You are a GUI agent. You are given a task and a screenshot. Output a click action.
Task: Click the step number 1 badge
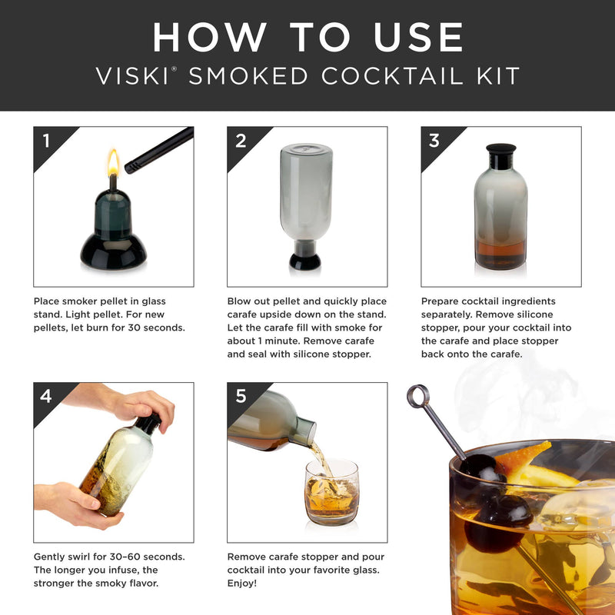click(47, 141)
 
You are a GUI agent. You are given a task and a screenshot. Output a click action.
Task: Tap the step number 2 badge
click(241, 141)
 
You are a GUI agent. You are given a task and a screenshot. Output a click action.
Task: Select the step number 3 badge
click(434, 141)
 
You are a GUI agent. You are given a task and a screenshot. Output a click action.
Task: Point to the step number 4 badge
click(47, 397)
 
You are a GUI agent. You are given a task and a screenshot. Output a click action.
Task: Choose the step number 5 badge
click(241, 397)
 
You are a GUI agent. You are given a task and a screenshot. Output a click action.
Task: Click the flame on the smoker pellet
click(113, 162)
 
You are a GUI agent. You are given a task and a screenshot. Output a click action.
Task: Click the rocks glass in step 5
click(331, 492)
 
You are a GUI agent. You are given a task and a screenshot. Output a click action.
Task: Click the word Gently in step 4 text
click(52, 556)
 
